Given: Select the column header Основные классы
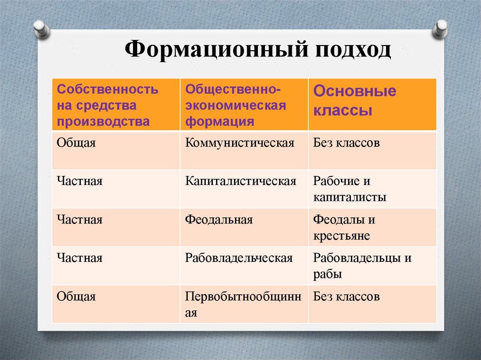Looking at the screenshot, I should pos(355,101).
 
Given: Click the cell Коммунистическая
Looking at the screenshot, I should pos(240,143).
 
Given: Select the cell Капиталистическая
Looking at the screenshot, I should pos(240,181).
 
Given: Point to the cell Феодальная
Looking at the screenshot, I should pos(219,220).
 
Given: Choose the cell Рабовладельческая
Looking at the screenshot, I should pos(239,258).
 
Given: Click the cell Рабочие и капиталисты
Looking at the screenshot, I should pos(349,189).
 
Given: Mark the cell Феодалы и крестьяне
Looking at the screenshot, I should pos(344,228).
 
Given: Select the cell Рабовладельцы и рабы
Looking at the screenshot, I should pos(362,266).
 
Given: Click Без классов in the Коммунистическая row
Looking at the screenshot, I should pos(346,143).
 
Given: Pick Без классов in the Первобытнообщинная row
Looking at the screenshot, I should pos(346,297).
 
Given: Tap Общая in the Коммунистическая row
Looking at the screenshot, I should pos(76,143).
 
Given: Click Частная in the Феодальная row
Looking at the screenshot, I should pos(79,220).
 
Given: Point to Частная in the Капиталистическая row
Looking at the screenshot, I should pos(79,181).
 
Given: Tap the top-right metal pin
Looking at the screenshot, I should pos(441,29).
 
